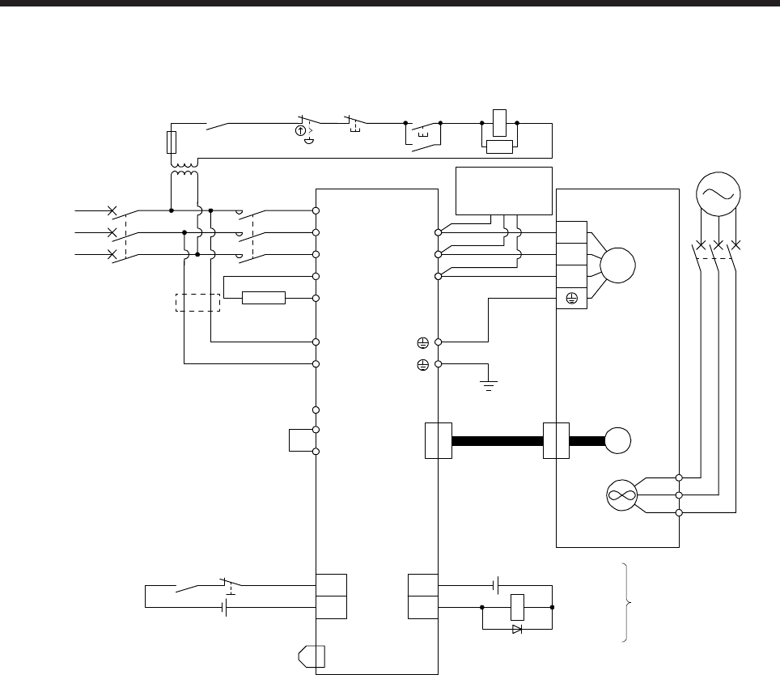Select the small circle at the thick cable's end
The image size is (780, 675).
point(621,441)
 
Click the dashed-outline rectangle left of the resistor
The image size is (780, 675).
point(198,302)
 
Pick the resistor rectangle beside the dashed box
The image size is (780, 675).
point(265,299)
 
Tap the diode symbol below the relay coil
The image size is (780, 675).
point(517,629)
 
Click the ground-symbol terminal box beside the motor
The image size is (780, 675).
point(571,299)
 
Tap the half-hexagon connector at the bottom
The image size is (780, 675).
point(312,655)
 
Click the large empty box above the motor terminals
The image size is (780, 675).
point(504,191)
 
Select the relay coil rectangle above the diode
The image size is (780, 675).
point(517,606)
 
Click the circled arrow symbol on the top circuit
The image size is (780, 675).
point(301,129)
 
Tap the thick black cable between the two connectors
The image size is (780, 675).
point(497,441)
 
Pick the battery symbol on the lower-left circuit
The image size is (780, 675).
point(225,606)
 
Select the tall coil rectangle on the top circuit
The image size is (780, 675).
point(499,119)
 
